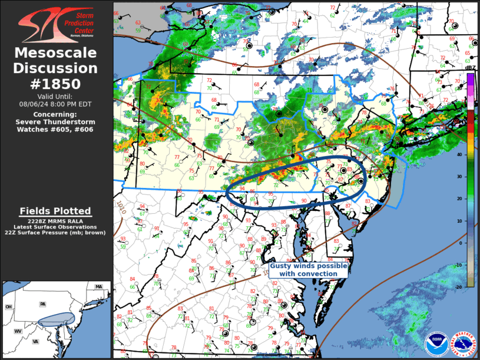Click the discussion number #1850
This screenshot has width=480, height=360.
point(55,83)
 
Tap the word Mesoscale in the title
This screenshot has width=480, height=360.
point(55,53)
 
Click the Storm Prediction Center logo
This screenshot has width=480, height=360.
point(55,23)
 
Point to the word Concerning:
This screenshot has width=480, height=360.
point(55,114)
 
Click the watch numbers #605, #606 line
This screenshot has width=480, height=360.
point(55,128)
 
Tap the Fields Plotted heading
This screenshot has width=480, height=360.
point(55,210)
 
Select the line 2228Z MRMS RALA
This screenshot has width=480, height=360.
point(55,220)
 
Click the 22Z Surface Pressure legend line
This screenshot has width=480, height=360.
point(55,232)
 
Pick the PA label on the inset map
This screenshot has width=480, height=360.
point(42,304)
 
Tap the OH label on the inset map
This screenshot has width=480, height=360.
point(9,307)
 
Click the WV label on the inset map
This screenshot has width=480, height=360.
point(18,331)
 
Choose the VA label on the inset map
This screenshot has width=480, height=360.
point(35,342)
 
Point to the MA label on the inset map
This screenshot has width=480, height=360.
point(99,287)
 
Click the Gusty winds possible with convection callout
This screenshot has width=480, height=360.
point(309,270)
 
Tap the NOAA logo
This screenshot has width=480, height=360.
point(436,344)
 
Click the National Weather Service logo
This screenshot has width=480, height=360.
point(462,344)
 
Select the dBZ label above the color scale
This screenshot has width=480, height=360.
point(470,68)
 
